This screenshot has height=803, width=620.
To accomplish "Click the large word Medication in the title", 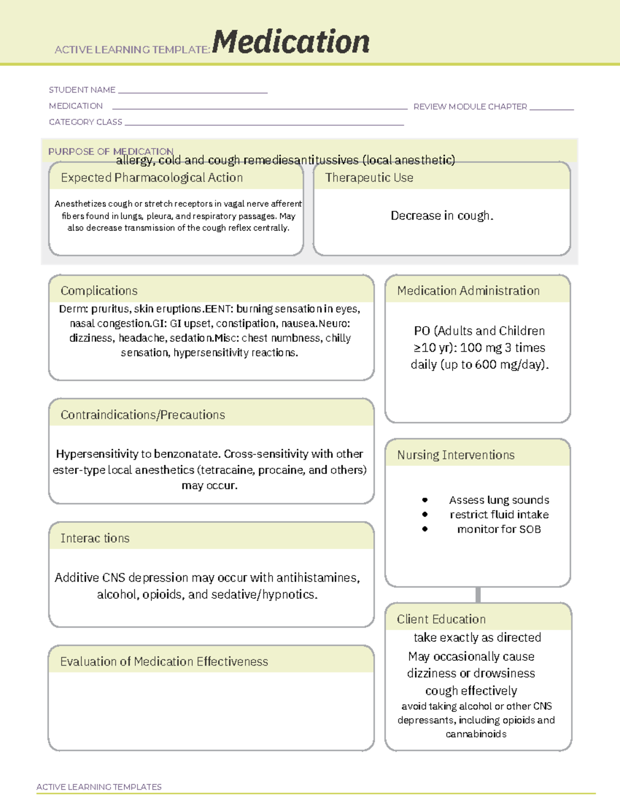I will [291, 42].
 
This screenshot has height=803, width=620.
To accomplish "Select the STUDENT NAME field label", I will [82, 90].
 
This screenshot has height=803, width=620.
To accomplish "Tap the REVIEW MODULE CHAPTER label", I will [470, 107].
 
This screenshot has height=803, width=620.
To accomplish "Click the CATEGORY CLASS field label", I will [86, 122].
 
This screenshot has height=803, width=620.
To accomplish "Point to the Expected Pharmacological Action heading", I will [152, 178].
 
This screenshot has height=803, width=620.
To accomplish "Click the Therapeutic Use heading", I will [369, 178].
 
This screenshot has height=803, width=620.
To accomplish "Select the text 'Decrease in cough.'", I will [442, 216].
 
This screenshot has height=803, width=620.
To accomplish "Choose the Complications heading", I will [99, 291].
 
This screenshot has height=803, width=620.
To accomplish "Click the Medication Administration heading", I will [468, 291].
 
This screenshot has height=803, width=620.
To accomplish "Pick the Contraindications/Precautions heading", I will [143, 415].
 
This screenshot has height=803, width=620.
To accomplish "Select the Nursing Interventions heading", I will [456, 455].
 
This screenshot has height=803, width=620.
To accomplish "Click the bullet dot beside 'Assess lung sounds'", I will [425, 500].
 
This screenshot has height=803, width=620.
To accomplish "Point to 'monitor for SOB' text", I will [499, 529].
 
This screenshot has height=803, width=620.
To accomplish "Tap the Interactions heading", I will [95, 538].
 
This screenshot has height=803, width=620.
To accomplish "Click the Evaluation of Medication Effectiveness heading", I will [164, 661].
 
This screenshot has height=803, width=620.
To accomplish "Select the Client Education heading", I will [441, 619].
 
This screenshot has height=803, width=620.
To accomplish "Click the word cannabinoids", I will [476, 734].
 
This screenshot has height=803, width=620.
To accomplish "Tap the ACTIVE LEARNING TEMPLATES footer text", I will [99, 786].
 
